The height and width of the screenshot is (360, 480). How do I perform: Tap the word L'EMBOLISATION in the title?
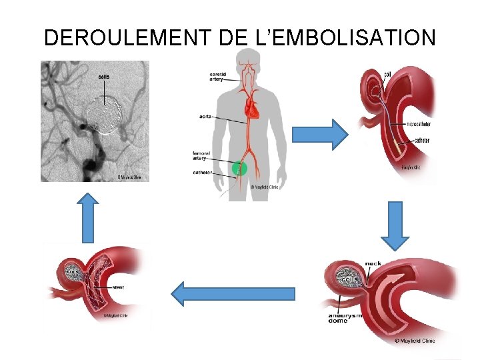click(x=345, y=37)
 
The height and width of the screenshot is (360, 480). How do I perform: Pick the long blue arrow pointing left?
click(x=233, y=294)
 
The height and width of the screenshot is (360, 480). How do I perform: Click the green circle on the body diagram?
click(x=239, y=169)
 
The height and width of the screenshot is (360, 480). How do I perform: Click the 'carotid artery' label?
click(x=217, y=76)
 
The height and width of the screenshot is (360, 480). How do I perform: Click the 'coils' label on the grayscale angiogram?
click(x=104, y=77)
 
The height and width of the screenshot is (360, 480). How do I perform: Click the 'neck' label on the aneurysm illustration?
click(x=373, y=263)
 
